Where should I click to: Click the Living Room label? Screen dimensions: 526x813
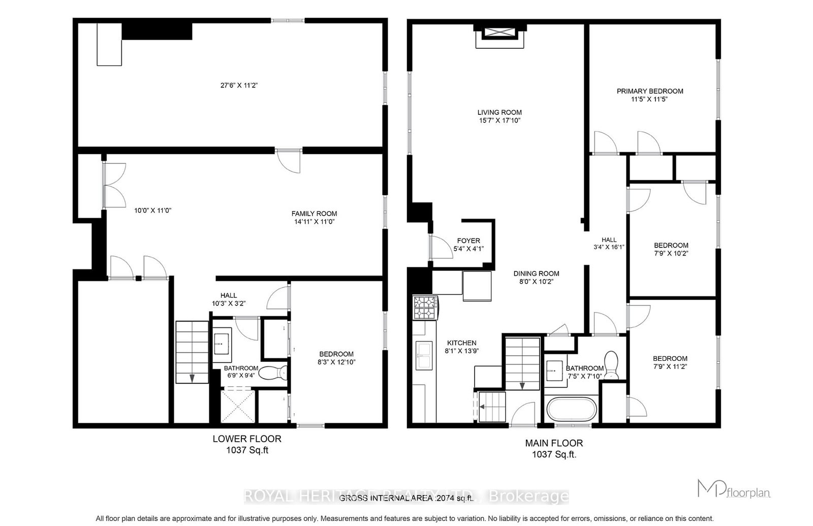499,112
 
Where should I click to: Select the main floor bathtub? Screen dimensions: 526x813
571,409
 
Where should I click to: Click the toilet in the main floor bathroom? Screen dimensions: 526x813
611,365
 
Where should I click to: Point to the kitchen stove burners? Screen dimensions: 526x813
425,307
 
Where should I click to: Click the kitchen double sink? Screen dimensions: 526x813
423,354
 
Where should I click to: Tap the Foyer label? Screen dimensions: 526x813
468,241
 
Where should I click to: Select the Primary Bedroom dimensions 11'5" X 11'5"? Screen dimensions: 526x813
649,100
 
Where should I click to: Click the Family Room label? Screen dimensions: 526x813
314,213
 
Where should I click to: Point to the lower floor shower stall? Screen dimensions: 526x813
238,405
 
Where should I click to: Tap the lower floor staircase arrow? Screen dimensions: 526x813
193,378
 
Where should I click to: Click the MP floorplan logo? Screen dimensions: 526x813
733,489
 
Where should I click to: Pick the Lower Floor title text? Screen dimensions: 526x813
246,439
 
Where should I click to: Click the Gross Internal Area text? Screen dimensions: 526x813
406,498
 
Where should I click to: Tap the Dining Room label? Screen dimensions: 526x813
536,273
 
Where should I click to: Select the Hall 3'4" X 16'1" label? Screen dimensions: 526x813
609,243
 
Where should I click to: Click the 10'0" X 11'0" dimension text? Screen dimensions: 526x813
152,210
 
